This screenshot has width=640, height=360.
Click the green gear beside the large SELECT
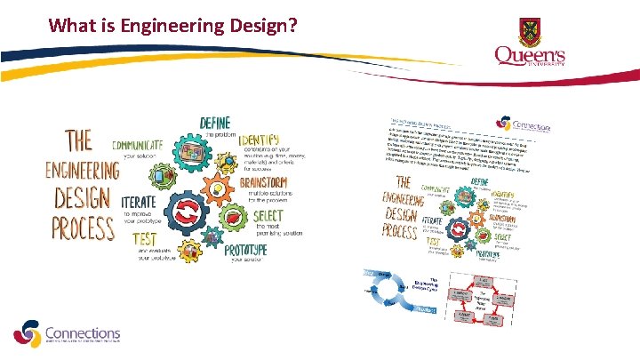click(233, 220)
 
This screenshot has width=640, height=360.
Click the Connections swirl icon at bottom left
click(27, 334)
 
